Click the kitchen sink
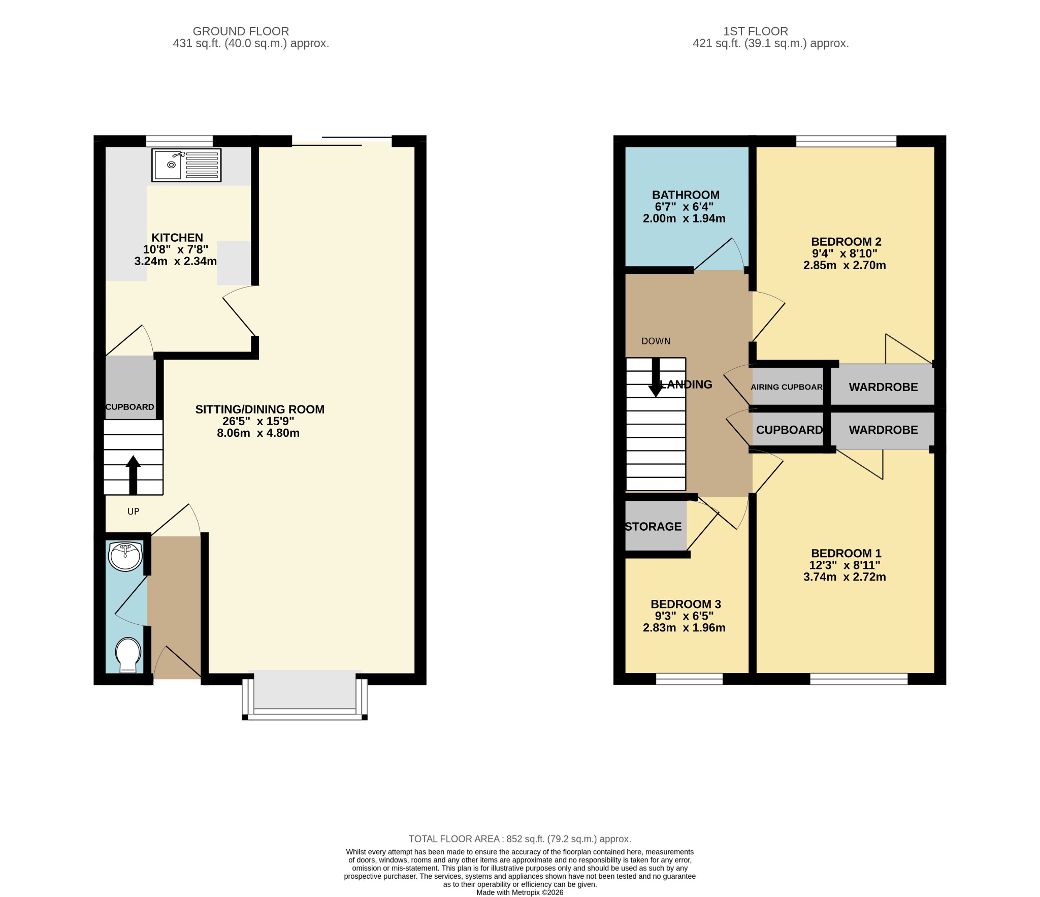pos(186,165)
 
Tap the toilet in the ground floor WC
pos(128,655)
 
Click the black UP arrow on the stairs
pos(133,475)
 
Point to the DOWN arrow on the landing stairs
pos(656,377)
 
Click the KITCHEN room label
pos(177,238)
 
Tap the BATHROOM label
pos(686,195)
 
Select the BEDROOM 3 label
pos(686,604)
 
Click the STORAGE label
pos(653,527)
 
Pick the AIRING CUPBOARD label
pos(787,387)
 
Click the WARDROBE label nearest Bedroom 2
pos(883,387)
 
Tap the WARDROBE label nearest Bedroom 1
pos(883,430)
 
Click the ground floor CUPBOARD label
pos(129,407)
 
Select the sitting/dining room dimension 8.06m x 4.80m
pos(258,433)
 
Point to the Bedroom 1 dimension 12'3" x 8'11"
pos(844,565)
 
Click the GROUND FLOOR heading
pos(241,31)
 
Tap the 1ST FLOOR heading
pos(756,31)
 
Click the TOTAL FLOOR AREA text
pos(519,839)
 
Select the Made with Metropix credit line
pos(519,892)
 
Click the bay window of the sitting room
pos(305,694)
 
